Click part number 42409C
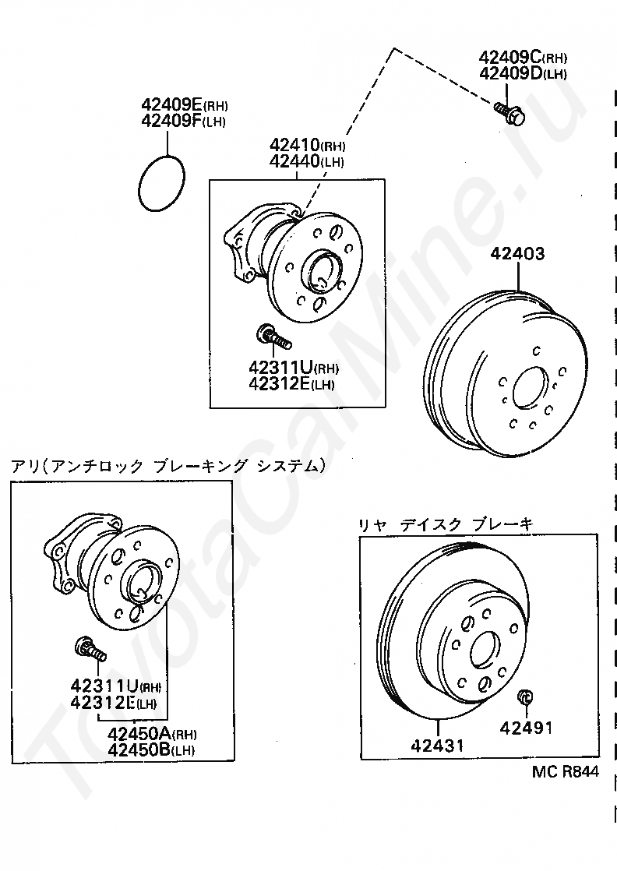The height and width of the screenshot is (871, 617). point(509,57)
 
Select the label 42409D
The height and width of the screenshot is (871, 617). point(510,72)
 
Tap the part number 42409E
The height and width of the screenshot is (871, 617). point(171,104)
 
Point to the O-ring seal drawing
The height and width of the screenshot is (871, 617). point(161,183)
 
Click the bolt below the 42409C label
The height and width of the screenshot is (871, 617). point(509,113)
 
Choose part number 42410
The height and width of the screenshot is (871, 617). point(295,145)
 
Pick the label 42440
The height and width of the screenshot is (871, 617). point(295,161)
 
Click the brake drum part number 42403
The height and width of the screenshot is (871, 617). point(517,254)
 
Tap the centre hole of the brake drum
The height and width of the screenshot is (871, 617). point(531,387)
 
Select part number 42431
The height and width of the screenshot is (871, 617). point(437,745)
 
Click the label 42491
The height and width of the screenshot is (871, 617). point(526,727)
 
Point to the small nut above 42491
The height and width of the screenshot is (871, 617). point(525,696)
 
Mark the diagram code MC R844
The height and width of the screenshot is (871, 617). point(566,771)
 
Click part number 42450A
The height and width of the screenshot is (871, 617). point(140,734)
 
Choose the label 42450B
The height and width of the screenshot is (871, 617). point(140,750)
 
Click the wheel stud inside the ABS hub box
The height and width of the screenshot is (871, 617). point(90,650)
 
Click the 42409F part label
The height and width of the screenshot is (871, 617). point(171,121)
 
